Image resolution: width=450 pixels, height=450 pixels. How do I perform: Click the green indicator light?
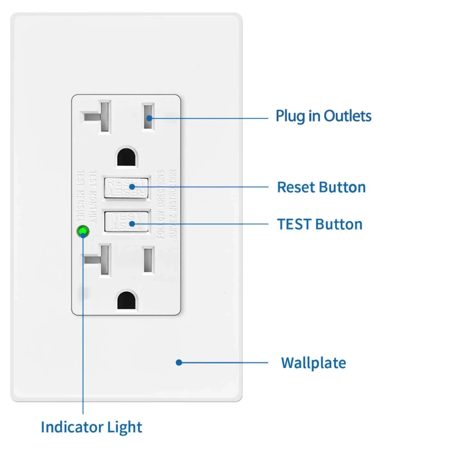[83, 230]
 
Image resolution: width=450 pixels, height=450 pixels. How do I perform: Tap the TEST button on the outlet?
[127, 222]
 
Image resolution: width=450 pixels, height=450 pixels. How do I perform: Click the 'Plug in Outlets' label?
[323, 116]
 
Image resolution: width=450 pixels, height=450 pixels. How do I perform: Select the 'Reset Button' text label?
[321, 187]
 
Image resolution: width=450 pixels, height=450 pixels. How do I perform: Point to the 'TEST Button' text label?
[319, 224]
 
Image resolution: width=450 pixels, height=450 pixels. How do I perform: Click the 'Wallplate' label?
[313, 363]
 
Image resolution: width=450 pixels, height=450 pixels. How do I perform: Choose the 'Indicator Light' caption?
[91, 427]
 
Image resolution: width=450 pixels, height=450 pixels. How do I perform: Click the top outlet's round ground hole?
[126, 156]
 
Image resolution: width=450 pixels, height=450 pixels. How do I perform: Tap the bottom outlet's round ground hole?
[126, 301]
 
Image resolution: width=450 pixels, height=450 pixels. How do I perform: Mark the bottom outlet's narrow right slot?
[148, 260]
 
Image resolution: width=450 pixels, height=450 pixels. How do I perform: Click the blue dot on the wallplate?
[178, 363]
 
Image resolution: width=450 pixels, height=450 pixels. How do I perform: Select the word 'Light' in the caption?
[125, 427]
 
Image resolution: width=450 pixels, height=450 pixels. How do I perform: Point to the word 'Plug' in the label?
[289, 117]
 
